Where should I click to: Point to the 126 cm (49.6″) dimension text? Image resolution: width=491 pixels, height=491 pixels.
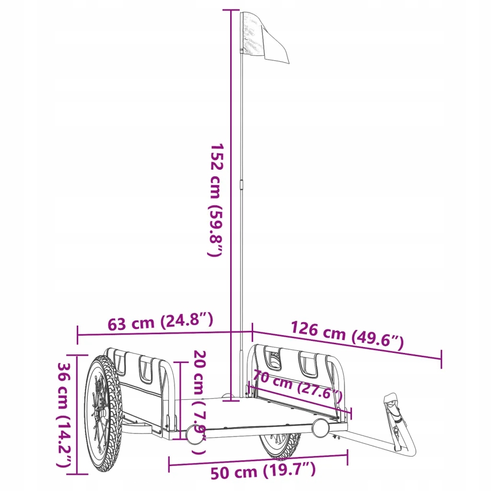click(x=347, y=335)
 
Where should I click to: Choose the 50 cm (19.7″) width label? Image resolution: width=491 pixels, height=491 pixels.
click(x=263, y=472)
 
